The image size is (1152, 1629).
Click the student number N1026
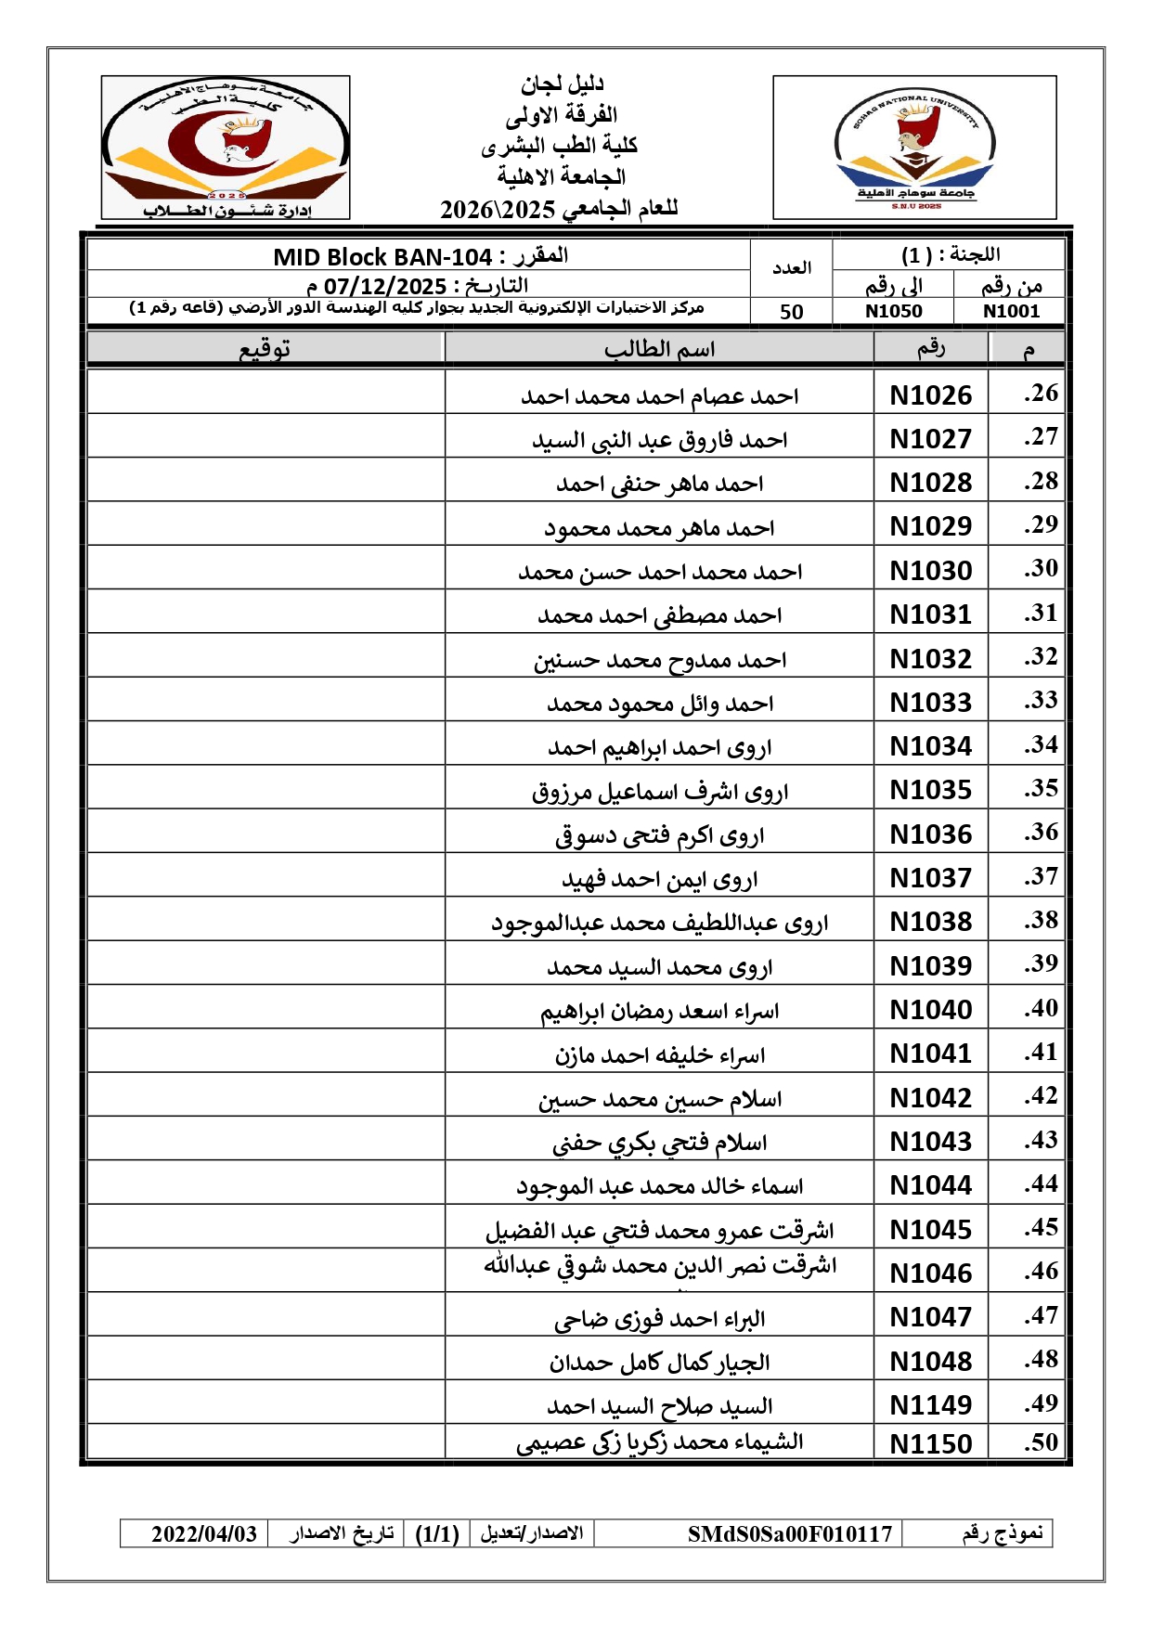(930, 395)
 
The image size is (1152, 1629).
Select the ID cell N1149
(930, 1405)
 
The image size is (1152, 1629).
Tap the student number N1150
(930, 1444)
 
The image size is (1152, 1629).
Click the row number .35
(1041, 789)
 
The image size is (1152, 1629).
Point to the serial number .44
(1041, 1184)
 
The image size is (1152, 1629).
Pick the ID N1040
(930, 1010)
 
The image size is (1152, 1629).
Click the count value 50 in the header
(791, 312)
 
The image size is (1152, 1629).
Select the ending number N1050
(893, 312)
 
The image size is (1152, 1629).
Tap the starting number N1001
(1011, 312)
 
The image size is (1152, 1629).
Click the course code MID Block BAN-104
(382, 257)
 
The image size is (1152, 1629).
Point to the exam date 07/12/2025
(385, 286)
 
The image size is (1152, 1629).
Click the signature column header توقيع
(265, 349)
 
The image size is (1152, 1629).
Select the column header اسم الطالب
(659, 350)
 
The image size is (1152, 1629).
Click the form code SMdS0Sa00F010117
(789, 1534)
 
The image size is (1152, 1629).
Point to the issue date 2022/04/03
(203, 1534)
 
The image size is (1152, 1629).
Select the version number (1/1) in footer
(437, 1534)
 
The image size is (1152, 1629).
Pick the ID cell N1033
(930, 703)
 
